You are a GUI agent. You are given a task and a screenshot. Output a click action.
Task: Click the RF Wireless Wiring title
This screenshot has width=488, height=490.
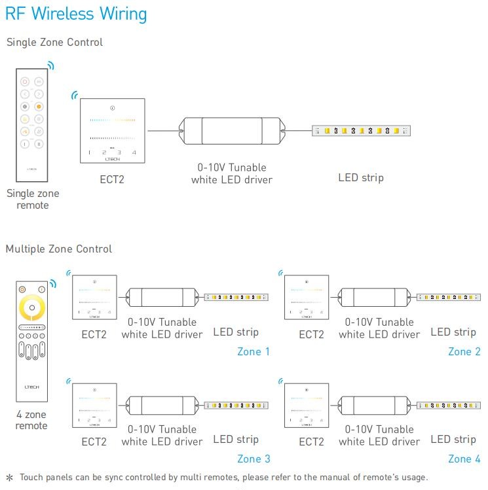(x=76, y=14)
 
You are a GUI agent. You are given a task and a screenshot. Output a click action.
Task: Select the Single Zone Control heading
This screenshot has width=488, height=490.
(x=54, y=43)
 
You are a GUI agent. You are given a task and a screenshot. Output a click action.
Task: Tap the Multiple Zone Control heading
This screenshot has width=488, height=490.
(x=59, y=249)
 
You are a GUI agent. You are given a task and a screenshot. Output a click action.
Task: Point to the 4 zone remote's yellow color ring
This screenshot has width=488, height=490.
(x=31, y=308)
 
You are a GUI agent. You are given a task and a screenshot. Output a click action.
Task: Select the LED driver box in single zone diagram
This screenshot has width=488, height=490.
(x=232, y=131)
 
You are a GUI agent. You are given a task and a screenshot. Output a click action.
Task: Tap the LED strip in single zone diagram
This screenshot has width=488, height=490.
(x=362, y=131)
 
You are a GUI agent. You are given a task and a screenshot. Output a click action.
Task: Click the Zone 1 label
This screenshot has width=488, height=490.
(x=253, y=352)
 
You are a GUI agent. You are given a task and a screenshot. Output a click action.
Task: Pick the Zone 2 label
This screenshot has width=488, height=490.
(x=464, y=352)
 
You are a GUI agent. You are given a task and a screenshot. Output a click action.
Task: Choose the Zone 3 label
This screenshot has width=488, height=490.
(x=253, y=459)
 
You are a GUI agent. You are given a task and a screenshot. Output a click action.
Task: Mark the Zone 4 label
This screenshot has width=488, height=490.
(x=464, y=459)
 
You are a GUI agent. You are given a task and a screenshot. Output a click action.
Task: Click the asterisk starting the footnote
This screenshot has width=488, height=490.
(x=9, y=478)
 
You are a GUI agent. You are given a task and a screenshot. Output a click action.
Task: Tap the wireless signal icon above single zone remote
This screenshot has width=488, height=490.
(x=50, y=65)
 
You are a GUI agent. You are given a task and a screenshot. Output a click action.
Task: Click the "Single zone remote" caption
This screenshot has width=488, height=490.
(x=33, y=200)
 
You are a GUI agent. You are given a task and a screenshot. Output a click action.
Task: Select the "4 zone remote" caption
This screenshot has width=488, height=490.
(x=31, y=420)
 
